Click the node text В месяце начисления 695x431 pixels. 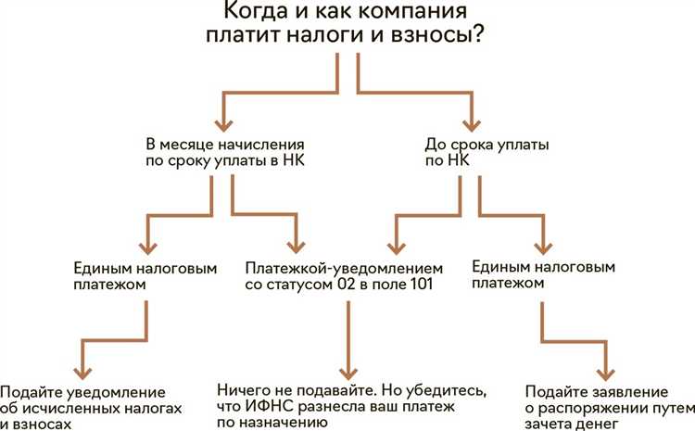click(225, 146)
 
